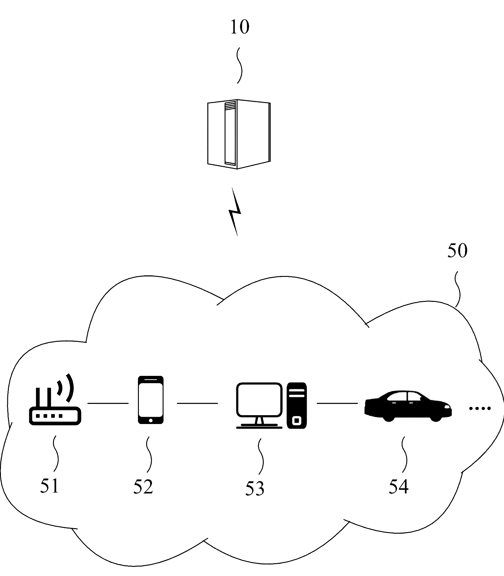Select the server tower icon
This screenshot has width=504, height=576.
tap(239, 134)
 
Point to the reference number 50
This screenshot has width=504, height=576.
tap(457, 252)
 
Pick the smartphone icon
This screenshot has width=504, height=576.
tap(150, 400)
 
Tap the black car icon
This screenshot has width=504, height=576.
tap(408, 406)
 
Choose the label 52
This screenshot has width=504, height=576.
tap(143, 486)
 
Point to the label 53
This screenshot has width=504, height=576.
tap(255, 488)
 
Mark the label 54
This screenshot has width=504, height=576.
tap(398, 486)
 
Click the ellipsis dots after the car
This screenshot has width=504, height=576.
tap(480, 408)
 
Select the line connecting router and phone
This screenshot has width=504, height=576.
tap(108, 403)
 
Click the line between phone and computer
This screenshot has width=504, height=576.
tap(198, 403)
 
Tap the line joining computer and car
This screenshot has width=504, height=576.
tap(337, 403)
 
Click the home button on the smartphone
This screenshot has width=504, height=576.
tap(150, 420)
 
